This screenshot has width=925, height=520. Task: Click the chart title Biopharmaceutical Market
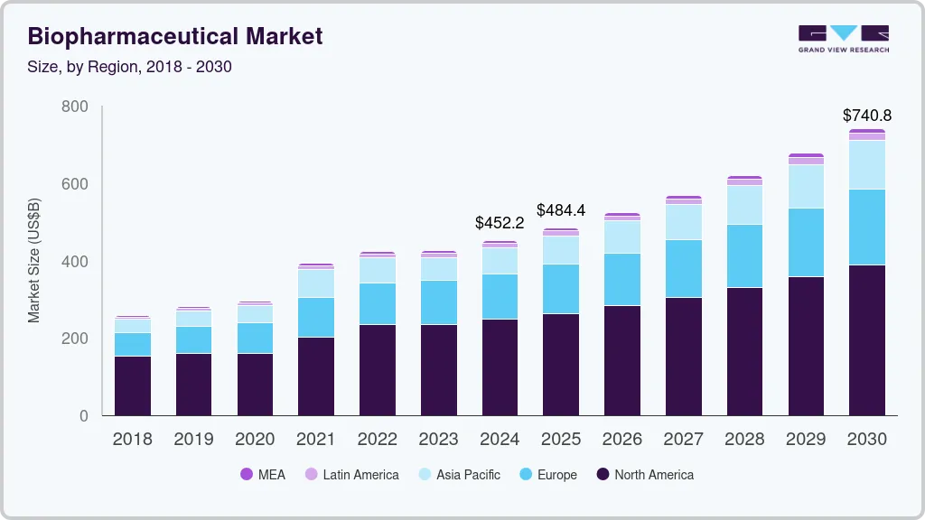pyautogui.click(x=175, y=36)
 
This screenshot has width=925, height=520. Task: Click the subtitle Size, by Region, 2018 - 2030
pyautogui.click(x=130, y=67)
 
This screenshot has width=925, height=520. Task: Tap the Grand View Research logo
pyautogui.click(x=843, y=38)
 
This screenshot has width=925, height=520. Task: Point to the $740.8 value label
pyautogui.click(x=866, y=115)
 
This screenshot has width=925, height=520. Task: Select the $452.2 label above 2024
pyautogui.click(x=500, y=222)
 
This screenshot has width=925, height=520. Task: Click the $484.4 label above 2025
pyautogui.click(x=561, y=210)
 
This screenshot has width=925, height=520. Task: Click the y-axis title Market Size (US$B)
pyautogui.click(x=34, y=260)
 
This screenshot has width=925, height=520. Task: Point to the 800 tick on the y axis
pyautogui.click(x=75, y=107)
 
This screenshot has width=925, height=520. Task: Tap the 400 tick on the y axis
pyautogui.click(x=75, y=262)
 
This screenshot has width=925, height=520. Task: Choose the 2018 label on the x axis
pyautogui.click(x=132, y=440)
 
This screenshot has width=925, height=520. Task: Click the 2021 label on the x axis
pyautogui.click(x=315, y=440)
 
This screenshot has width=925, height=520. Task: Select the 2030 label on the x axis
pyautogui.click(x=866, y=440)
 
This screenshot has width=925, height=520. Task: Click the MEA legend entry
pyautogui.click(x=263, y=474)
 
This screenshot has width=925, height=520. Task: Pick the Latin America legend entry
pyautogui.click(x=351, y=474)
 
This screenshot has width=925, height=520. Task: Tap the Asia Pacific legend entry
pyautogui.click(x=458, y=474)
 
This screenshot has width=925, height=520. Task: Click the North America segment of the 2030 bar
pyautogui.click(x=867, y=340)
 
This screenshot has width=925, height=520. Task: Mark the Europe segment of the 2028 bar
pyautogui.click(x=744, y=255)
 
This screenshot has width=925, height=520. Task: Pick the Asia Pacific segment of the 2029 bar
pyautogui.click(x=806, y=186)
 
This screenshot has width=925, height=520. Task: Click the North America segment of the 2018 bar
pyautogui.click(x=132, y=385)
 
